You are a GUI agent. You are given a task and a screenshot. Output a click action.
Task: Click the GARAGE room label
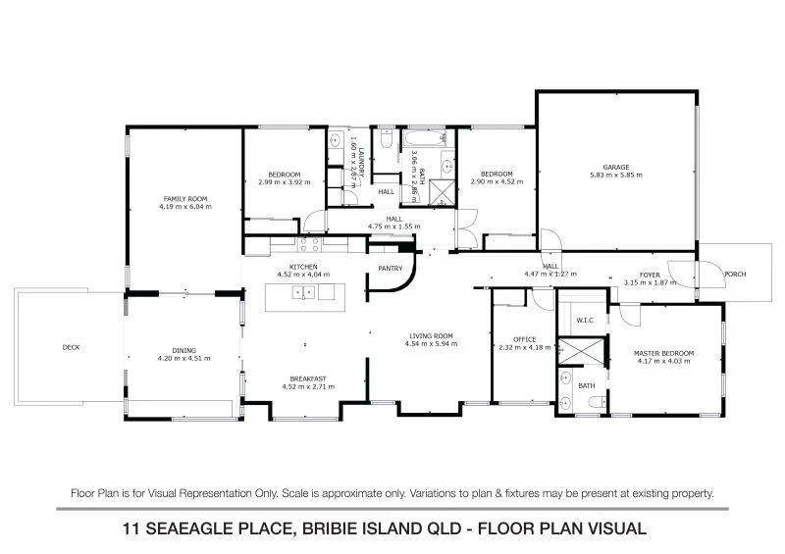pos(615,168)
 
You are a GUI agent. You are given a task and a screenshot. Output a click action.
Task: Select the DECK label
pos(70,347)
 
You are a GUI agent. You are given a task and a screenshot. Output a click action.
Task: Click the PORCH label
pos(734,275)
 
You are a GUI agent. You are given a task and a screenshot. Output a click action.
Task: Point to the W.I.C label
pos(582,319)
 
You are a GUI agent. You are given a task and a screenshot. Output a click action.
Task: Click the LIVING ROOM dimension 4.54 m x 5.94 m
pos(433,346)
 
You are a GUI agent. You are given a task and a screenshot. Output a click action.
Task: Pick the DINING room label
pos(184,350)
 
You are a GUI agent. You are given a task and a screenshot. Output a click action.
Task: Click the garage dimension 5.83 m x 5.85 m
pos(615,176)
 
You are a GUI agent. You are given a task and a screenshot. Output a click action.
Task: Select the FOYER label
pos(650,275)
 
